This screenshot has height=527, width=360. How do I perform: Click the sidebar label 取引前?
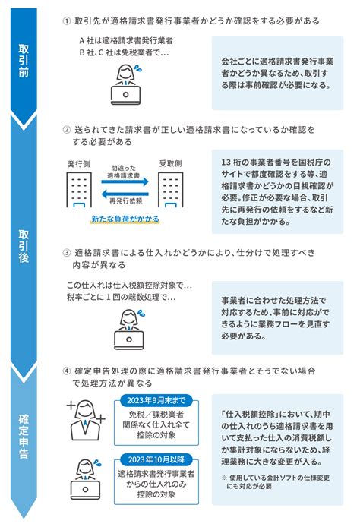click(x=24, y=61)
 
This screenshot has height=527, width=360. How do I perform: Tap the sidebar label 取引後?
click(x=24, y=246)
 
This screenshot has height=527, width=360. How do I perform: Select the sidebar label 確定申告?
click(x=24, y=436)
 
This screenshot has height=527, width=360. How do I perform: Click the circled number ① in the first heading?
click(x=67, y=21)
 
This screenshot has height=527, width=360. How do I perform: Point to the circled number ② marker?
click(x=67, y=130)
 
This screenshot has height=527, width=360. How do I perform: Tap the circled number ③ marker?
click(x=67, y=253)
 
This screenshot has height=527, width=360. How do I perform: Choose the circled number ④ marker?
click(x=67, y=371)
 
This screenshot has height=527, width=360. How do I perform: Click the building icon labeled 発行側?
click(x=79, y=190)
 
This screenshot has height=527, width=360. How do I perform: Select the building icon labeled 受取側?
click(x=171, y=190)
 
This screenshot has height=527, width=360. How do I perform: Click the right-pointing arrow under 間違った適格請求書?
click(x=125, y=181)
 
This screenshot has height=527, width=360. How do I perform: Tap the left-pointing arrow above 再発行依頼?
click(x=125, y=194)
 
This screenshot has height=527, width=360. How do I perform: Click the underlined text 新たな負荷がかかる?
click(x=125, y=219)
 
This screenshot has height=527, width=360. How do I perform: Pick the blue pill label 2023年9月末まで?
click(x=156, y=400)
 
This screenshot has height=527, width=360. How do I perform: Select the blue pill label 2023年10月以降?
click(x=156, y=459)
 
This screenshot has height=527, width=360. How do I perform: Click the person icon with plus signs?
click(x=86, y=420)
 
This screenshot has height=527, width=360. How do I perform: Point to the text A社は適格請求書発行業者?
click(x=126, y=41)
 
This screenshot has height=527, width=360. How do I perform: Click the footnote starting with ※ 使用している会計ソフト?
click(x=276, y=482)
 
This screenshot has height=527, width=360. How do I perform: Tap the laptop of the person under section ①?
click(x=126, y=95)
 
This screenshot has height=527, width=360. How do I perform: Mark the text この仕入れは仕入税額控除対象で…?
click(x=129, y=286)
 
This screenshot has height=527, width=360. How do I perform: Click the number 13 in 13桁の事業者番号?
click(x=226, y=163)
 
